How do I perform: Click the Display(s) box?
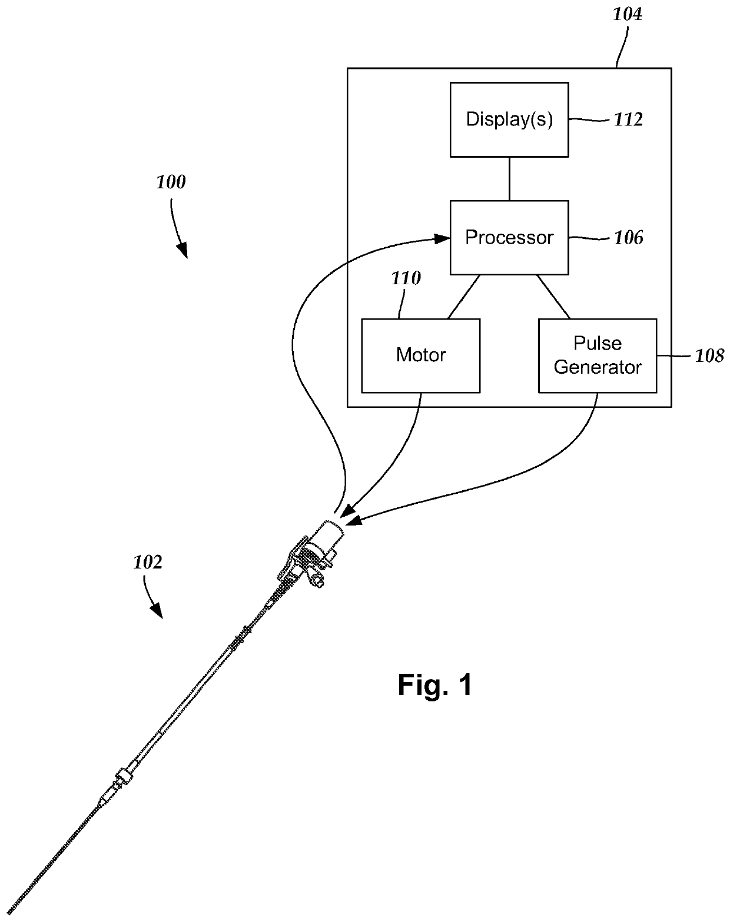pos(509,120)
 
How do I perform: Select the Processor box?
pos(509,238)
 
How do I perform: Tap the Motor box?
pos(420,355)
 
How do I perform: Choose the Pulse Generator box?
pos(598,355)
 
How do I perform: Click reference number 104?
pos(627,14)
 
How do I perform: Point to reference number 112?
pos(629,119)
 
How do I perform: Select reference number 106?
pos(629,238)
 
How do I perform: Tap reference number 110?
pos(406,278)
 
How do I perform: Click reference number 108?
pos(709,355)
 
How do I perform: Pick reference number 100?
pos(170,182)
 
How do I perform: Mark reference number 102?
pos(148,562)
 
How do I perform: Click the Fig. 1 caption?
pos(434,685)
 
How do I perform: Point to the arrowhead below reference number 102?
pos(157,611)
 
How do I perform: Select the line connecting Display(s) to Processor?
pos(509,179)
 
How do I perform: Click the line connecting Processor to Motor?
pos(463,297)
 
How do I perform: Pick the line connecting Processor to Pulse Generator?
pos(553,297)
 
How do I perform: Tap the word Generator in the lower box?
pos(598,367)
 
